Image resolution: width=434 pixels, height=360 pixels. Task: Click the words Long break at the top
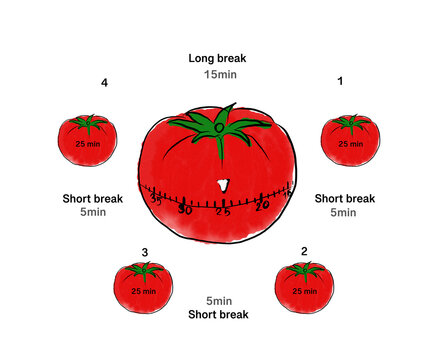click(217, 58)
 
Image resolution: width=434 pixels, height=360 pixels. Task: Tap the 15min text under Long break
click(217, 74)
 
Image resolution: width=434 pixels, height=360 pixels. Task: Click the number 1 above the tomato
click(340, 82)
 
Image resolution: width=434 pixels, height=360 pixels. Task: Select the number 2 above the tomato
click(304, 250)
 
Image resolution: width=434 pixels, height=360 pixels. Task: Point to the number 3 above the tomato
click(145, 252)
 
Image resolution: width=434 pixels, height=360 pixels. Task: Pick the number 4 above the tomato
click(104, 83)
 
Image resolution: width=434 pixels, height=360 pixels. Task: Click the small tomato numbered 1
click(349, 141)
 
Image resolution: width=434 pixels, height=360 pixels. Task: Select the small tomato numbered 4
click(89, 141)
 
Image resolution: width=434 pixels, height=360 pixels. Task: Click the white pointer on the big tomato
click(223, 184)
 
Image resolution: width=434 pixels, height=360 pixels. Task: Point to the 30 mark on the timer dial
click(185, 210)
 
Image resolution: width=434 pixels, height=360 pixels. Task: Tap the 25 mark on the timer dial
click(222, 212)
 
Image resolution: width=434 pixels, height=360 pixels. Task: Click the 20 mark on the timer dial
click(262, 206)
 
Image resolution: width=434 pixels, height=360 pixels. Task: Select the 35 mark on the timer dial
click(156, 200)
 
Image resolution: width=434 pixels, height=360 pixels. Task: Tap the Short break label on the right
click(344, 198)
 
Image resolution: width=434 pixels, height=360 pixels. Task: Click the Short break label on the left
click(92, 198)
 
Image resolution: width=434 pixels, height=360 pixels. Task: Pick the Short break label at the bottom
click(218, 315)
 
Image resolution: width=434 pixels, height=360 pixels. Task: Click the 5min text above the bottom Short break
click(219, 301)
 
